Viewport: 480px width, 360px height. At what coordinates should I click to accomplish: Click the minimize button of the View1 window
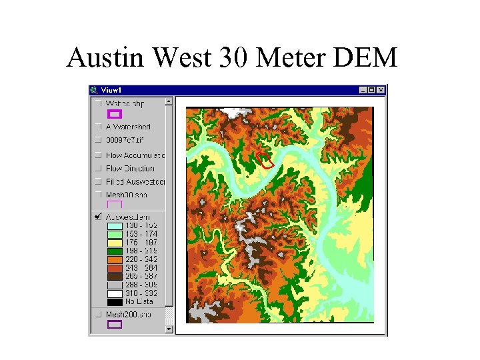(x=363, y=90)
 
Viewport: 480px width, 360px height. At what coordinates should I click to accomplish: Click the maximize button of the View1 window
(x=372, y=90)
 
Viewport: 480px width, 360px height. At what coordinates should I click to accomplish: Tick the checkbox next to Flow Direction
(x=98, y=169)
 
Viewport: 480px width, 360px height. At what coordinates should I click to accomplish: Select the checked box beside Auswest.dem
(x=98, y=217)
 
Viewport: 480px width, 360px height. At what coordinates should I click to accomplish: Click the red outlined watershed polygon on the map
(x=265, y=159)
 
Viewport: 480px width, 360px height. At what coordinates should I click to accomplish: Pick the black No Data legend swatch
(x=115, y=301)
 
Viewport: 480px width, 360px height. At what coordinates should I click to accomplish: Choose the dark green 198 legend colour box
(x=115, y=249)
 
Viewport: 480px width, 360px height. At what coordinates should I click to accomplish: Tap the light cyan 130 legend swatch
(x=115, y=225)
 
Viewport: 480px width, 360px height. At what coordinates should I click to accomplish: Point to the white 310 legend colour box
(x=115, y=293)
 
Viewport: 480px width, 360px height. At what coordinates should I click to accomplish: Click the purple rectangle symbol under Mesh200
(x=115, y=325)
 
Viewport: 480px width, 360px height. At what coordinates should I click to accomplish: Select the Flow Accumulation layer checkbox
(x=98, y=155)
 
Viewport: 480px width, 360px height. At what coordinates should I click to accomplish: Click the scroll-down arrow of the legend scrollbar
(x=169, y=328)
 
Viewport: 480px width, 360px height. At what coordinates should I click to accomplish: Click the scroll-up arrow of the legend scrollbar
(x=169, y=102)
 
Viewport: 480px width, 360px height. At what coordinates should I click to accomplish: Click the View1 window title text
(x=111, y=90)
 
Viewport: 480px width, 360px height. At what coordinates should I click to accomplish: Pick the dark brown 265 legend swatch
(x=115, y=275)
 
